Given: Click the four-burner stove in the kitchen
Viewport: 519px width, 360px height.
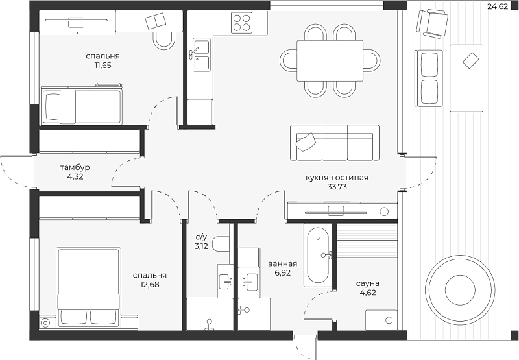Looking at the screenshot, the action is coord(241,23).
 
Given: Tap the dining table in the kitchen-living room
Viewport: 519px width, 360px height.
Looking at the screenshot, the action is coord(330,60).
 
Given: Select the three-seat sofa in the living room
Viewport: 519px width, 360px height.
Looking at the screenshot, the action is coord(335,143).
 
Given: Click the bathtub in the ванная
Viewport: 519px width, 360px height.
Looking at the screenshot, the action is coord(318,255).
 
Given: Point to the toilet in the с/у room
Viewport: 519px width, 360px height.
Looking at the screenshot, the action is coord(220,244).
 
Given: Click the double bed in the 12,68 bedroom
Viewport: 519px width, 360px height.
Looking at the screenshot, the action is coord(89,287).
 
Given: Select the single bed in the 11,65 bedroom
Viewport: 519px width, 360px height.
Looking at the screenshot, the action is coord(82,106).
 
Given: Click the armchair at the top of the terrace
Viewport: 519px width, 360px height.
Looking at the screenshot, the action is coord(432,23).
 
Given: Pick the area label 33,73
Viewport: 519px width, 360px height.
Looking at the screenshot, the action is coord(337,187).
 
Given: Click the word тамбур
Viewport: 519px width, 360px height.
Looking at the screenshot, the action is coord(75,167).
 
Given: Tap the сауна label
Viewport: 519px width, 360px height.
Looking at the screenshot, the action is coord(368,283).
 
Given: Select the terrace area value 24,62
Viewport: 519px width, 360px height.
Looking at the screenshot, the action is coord(498,6).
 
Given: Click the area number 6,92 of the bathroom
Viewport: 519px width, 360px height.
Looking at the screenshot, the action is coord(282,273).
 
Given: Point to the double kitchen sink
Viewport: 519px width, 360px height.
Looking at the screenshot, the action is coord(201,54).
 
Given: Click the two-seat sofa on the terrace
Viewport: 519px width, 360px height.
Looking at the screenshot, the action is coord(428,78).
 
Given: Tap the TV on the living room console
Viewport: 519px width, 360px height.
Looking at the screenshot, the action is coord(335,212).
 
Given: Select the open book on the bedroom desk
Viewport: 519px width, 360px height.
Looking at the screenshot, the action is coord(156,21).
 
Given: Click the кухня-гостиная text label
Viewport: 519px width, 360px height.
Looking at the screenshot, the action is coord(337,178).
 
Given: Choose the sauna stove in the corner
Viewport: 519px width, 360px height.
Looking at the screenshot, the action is coord(381,320).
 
